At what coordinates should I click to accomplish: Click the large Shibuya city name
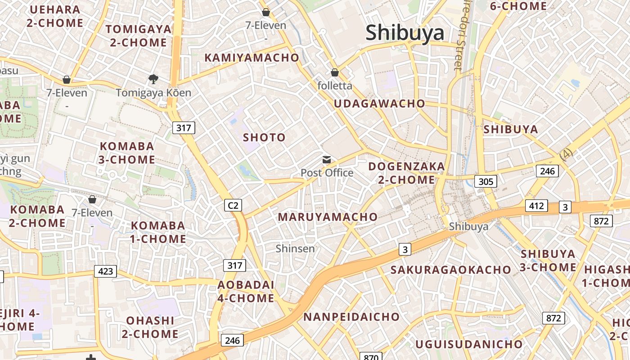pos(405,33)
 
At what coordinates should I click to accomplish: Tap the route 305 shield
pos(486,182)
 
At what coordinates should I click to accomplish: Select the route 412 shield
pos(536,206)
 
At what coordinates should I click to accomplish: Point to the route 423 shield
pos(105,271)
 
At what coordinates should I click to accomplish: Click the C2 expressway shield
pos(233,206)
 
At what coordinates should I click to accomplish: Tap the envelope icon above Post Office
pos(327,160)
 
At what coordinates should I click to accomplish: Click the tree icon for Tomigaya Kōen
pos(153,79)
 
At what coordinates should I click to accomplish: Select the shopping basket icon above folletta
pos(334,72)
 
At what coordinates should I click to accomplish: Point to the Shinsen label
pos(295,248)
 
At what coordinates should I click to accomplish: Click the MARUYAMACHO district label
pos(328,217)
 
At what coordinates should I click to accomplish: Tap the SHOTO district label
pos(264,137)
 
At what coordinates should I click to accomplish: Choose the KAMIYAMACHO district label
pos(252,58)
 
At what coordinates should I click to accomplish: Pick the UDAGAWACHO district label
pos(379,103)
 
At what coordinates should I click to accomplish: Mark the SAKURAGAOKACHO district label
pos(450,270)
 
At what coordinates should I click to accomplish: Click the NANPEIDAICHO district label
pos(351,317)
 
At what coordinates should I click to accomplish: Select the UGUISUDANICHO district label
pos(469,345)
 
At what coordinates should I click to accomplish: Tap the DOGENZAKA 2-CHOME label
pos(406,173)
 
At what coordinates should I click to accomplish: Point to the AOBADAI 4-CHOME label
pos(246,292)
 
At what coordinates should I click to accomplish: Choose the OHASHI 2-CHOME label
pos(150,327)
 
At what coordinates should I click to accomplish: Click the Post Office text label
pos(327,173)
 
